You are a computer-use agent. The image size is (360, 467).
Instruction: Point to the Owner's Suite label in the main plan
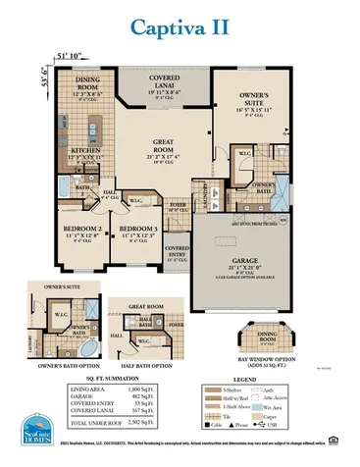[x=260, y=98]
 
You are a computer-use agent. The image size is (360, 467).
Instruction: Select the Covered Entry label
[x=178, y=251]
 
